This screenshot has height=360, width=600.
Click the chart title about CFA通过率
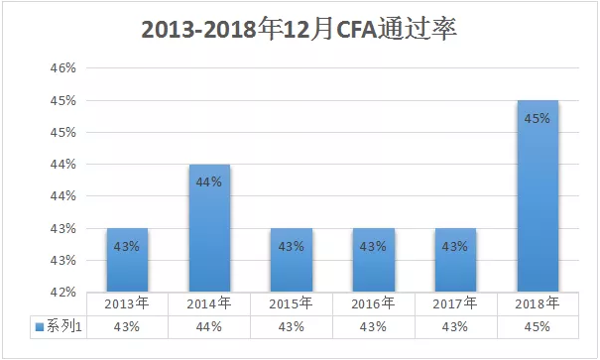point(300,29)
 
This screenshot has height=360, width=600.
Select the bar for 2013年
point(127,260)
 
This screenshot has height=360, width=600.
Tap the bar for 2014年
point(209,228)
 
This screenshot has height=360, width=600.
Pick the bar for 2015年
point(292,260)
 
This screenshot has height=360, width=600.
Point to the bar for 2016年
point(373,260)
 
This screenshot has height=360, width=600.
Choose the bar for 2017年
point(455,260)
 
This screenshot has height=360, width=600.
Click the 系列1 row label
point(61,325)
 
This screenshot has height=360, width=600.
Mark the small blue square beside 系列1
point(39,325)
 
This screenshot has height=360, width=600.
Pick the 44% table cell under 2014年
point(209,325)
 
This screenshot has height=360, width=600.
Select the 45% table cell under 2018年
point(538,325)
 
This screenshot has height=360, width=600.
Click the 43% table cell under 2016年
point(373,325)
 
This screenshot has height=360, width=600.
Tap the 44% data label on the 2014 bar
point(209,181)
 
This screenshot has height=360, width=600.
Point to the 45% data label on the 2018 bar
point(538,118)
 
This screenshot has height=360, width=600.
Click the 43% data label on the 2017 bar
point(455,246)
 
